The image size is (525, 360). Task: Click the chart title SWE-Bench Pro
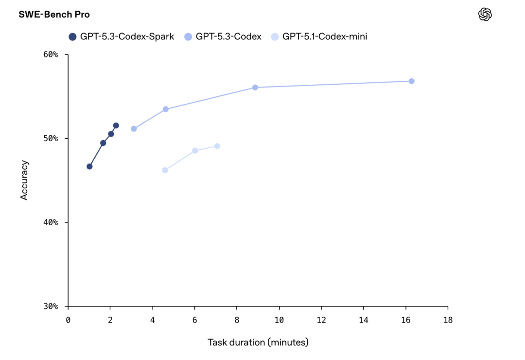(54, 15)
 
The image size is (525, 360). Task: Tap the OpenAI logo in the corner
(485, 15)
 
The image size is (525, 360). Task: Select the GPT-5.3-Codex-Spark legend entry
(122, 36)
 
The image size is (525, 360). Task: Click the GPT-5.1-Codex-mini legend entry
(319, 36)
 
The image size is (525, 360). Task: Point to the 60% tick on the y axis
(51, 54)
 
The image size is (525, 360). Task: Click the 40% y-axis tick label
(51, 222)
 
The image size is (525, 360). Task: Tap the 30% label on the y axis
(51, 306)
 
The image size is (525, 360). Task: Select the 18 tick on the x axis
(448, 320)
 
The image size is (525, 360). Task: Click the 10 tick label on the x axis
(279, 320)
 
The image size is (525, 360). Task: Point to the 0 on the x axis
(68, 320)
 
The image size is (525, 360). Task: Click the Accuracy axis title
(24, 180)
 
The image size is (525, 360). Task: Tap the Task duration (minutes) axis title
(258, 342)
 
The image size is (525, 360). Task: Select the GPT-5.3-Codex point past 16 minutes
(411, 81)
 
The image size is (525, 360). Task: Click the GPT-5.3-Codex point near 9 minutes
(255, 88)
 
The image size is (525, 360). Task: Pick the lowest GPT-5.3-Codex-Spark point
(89, 166)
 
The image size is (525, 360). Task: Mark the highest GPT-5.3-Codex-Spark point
(116, 126)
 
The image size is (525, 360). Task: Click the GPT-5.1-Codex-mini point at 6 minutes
(195, 151)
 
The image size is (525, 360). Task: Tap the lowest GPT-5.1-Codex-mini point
(165, 170)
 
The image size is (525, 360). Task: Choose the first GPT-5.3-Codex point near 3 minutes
(134, 129)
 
